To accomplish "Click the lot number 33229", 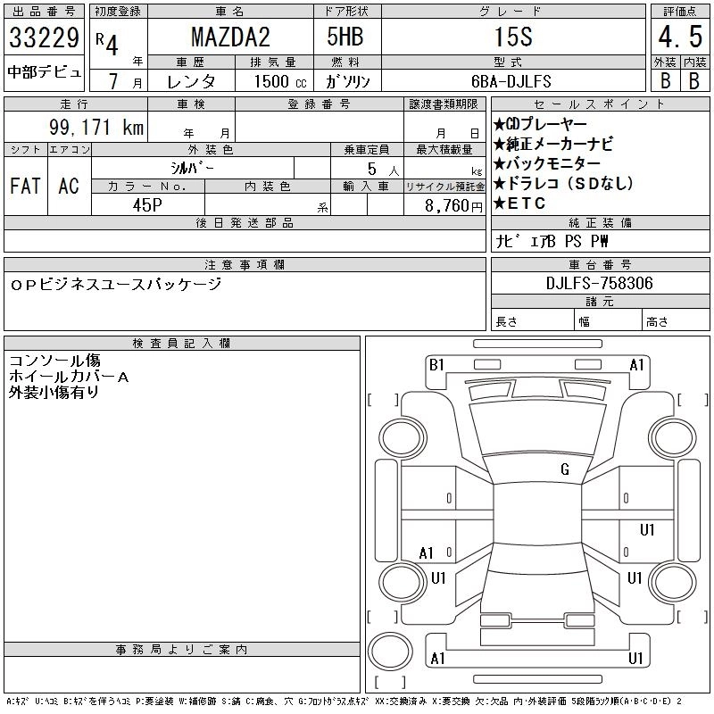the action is [44, 37].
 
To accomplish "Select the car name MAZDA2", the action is [230, 37].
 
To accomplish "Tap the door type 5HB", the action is [345, 37].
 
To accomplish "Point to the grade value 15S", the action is [513, 37].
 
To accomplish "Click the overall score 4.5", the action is [680, 37].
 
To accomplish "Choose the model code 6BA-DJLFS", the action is [511, 81].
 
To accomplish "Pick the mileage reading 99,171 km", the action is [96, 128].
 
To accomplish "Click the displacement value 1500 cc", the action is [280, 81].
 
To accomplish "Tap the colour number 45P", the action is [147, 205].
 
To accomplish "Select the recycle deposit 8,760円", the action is [453, 206].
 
